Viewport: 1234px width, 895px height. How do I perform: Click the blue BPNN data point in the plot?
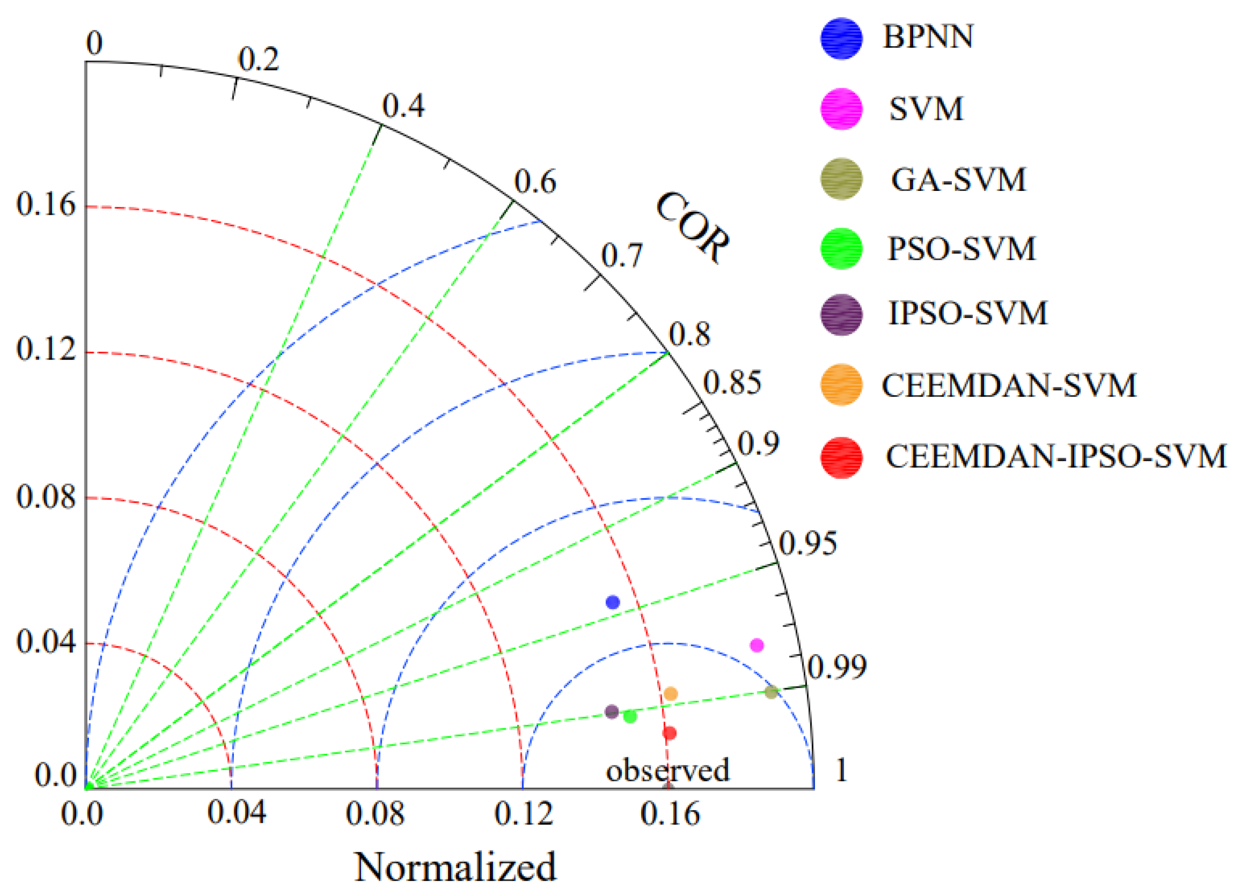click(x=613, y=602)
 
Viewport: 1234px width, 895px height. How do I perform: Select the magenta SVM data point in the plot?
click(x=756, y=645)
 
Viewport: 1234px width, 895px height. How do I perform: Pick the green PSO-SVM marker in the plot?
click(x=630, y=716)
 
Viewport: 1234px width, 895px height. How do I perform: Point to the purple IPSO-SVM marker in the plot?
click(x=612, y=711)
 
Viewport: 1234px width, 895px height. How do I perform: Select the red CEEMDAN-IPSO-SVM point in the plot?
click(x=669, y=733)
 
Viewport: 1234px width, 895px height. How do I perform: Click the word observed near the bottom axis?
click(x=667, y=770)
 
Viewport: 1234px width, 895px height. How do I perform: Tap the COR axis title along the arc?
click(x=692, y=228)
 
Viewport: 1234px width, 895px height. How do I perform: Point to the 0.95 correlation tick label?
click(x=807, y=543)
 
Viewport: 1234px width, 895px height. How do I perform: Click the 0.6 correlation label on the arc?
click(x=535, y=182)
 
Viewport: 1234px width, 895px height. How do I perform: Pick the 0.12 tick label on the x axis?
click(x=524, y=814)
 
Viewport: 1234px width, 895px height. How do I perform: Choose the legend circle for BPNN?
click(x=841, y=39)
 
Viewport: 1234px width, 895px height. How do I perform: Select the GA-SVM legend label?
click(x=958, y=180)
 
